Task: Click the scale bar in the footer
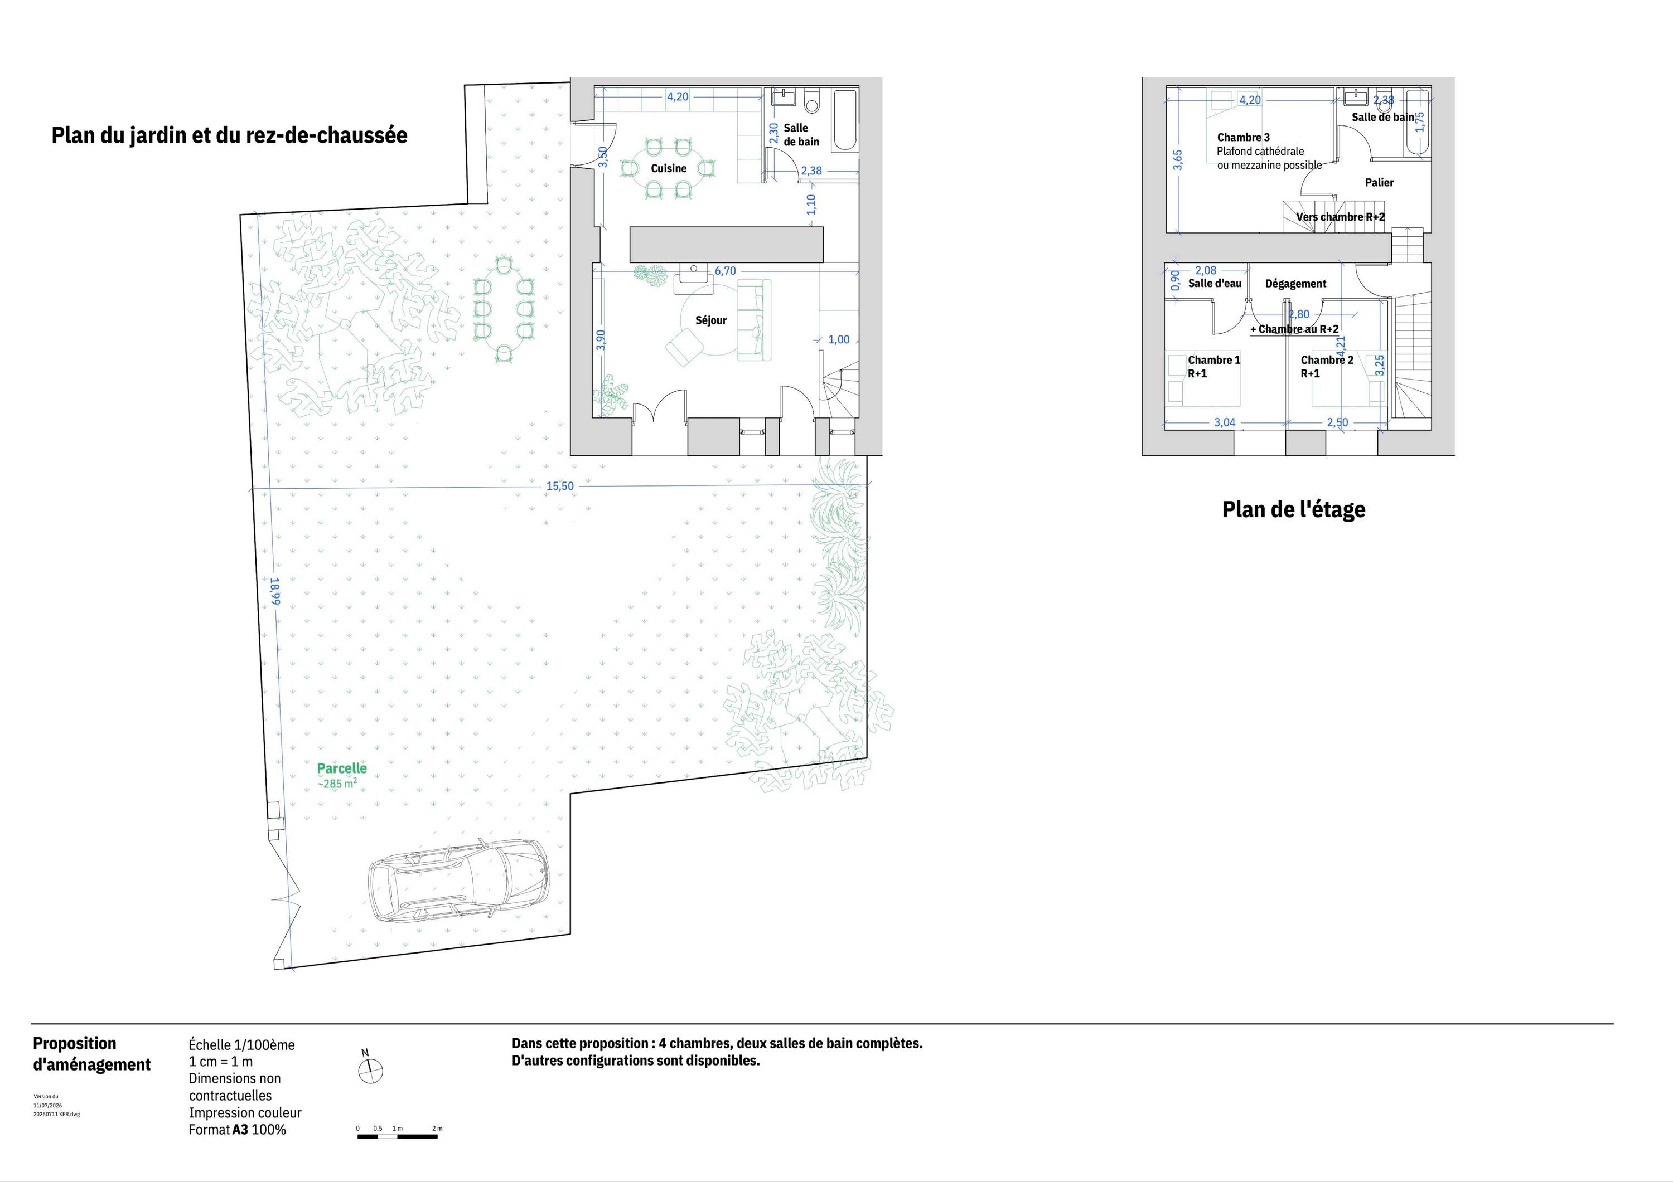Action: tap(398, 1135)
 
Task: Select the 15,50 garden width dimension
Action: tap(559, 486)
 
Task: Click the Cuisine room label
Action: tap(668, 168)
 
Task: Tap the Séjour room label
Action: tap(710, 320)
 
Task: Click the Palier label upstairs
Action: tap(1379, 182)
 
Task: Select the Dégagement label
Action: tap(1295, 283)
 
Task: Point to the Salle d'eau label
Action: tap(1215, 283)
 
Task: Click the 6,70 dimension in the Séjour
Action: tap(725, 270)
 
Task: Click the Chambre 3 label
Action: tap(1243, 137)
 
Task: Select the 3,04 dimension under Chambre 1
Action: tap(1224, 422)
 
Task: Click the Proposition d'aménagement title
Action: tap(92, 1054)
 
